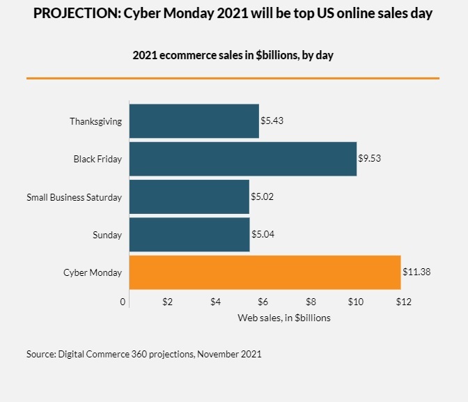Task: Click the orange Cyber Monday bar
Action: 265,272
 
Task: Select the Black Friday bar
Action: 242,159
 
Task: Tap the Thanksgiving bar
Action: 194,121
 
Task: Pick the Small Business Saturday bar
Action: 189,197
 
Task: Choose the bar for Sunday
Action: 189,235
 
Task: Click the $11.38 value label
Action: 416,272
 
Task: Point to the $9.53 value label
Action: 370,159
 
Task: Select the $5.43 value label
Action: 272,121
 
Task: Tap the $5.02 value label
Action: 262,197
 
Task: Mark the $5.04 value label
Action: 263,235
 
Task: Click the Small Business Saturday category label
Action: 74,197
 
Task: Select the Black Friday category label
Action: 97,159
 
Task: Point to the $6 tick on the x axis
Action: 263,302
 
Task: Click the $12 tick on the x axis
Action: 404,302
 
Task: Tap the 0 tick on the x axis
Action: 123,302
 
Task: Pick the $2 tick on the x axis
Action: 167,302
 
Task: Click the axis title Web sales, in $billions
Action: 284,318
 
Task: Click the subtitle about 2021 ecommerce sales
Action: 233,55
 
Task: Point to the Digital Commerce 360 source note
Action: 144,354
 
